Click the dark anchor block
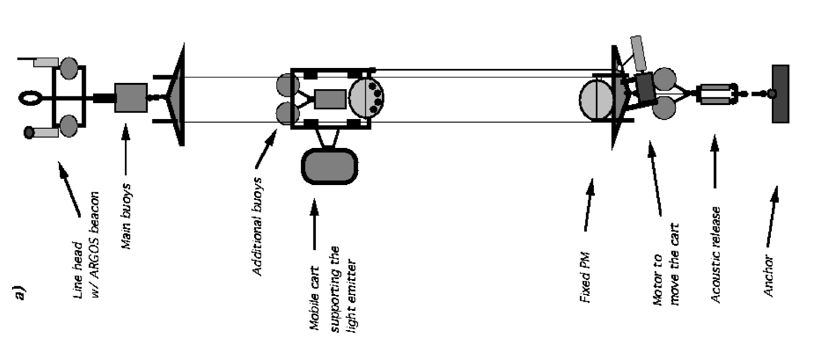pyautogui.click(x=780, y=94)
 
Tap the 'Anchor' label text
pyautogui.click(x=769, y=276)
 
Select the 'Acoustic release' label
pyautogui.click(x=716, y=255)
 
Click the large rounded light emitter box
pyautogui.click(x=330, y=166)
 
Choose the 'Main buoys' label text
pyautogui.click(x=127, y=216)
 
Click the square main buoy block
pyautogui.click(x=131, y=98)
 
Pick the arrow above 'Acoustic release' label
pyautogui.click(x=714, y=161)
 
